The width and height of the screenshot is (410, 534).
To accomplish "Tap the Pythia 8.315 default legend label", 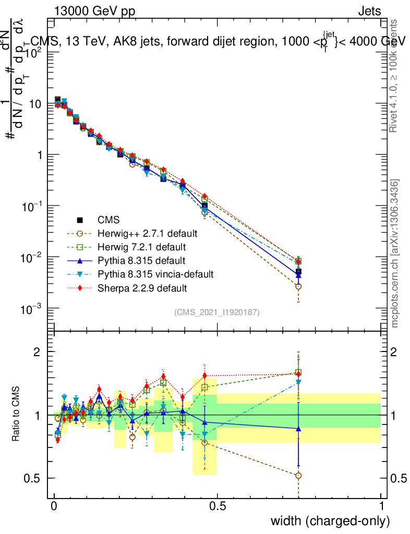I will [x=134, y=260].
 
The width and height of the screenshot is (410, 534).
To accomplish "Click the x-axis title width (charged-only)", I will [x=330, y=520].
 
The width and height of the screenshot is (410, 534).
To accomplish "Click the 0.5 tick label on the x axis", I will [x=218, y=506].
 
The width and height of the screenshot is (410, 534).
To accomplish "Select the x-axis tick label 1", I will [x=381, y=506].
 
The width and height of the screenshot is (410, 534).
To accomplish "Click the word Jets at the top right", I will [x=369, y=11].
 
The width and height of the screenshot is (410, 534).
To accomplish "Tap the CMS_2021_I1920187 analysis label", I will [x=217, y=312].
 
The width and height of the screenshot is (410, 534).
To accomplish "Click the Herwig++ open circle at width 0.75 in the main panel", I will [x=298, y=286].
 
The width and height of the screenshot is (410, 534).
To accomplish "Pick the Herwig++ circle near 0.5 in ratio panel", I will [x=204, y=442].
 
